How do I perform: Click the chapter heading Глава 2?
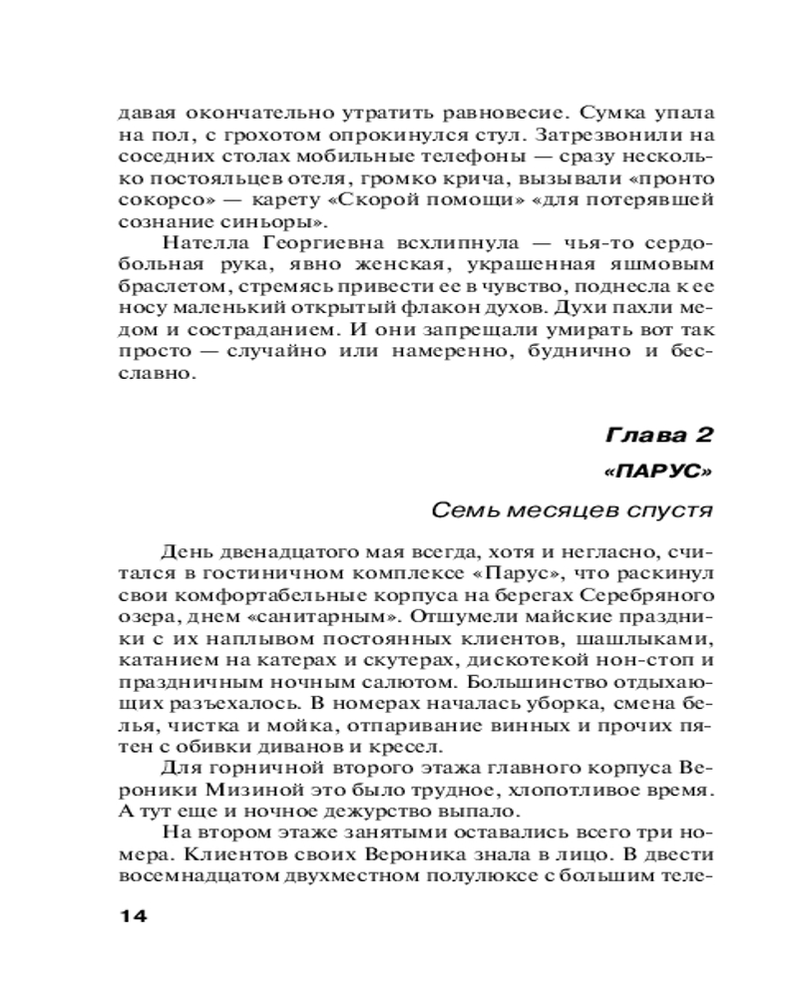pyautogui.click(x=659, y=436)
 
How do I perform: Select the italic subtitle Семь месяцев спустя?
pyautogui.click(x=572, y=510)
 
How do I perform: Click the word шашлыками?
pyautogui.click(x=647, y=639)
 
